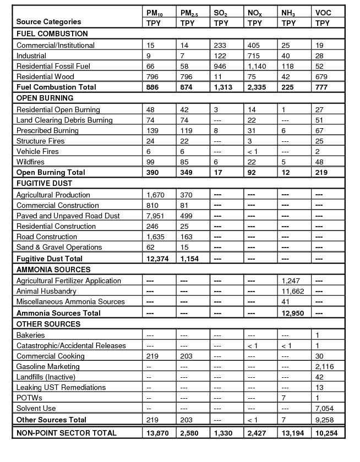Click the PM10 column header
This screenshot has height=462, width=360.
tap(155, 13)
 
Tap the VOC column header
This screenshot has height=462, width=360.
tap(323, 13)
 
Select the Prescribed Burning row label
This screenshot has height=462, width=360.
tap(47, 130)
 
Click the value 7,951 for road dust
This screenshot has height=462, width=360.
tap(155, 216)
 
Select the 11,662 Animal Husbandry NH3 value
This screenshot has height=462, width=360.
tap(292, 291)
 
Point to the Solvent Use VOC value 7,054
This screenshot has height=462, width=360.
tap(325, 408)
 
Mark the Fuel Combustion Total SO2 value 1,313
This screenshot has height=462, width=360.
tap(224, 87)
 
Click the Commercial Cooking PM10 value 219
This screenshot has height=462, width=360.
tap(152, 356)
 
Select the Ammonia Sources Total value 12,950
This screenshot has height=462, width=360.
tap(293, 313)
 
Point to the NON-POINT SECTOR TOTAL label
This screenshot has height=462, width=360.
tap(67, 433)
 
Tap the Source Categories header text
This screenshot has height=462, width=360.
tap(48, 22)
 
